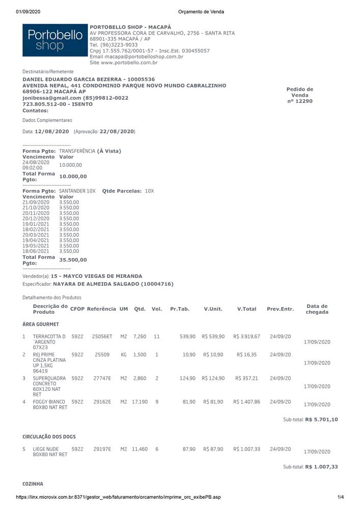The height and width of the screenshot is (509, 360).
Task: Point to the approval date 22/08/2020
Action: coord(120,131)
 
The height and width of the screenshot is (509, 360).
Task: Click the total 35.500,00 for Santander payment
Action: coord(73,260)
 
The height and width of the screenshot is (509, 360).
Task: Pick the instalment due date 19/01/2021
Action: coord(36,223)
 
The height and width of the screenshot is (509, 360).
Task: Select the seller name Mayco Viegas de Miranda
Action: coord(100,276)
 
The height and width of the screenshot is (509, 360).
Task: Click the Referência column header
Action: coord(101,309)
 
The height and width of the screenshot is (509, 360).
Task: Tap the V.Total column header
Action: coord(246,309)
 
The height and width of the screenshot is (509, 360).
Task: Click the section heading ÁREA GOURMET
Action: coord(41,324)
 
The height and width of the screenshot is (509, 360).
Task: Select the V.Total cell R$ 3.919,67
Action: coord(246,336)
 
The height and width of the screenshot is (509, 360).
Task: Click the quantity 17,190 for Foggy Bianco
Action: coord(140,402)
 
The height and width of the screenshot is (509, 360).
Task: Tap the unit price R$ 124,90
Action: coord(213,378)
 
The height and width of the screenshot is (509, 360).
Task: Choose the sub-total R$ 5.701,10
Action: coord(321,419)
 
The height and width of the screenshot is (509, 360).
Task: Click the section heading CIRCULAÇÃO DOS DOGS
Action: coord(49,437)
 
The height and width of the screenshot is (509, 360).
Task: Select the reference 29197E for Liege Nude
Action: coord(102,449)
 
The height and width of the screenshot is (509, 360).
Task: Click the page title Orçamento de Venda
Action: coord(201,12)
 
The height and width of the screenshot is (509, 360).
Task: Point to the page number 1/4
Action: coord(341,497)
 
